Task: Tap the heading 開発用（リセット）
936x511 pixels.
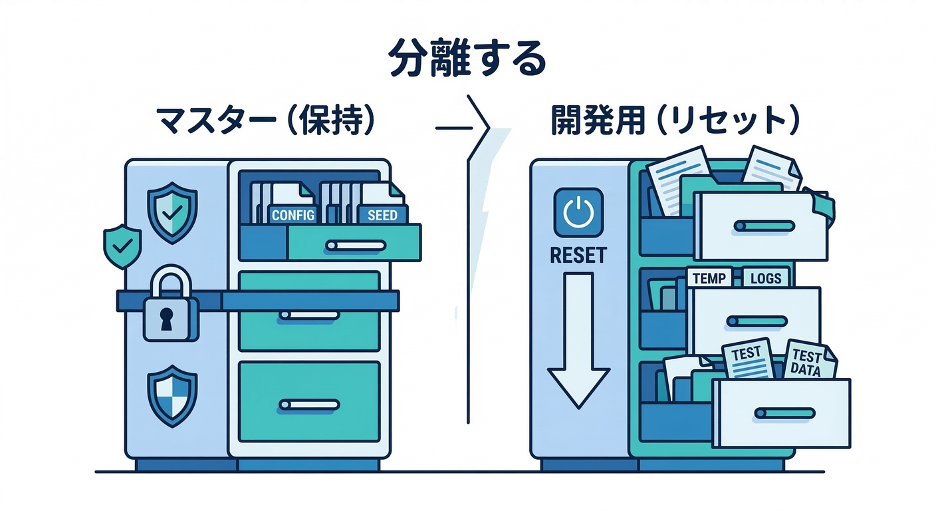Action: pyautogui.click(x=675, y=120)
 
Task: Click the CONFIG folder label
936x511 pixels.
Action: pyautogui.click(x=293, y=214)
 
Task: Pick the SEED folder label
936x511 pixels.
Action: pyautogui.click(x=382, y=214)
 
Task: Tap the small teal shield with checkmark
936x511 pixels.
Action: pyautogui.click(x=122, y=246)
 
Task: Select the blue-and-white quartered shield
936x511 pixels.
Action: pyautogui.click(x=172, y=396)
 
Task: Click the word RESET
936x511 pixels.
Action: pyautogui.click(x=578, y=255)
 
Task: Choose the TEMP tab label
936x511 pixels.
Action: pyautogui.click(x=709, y=278)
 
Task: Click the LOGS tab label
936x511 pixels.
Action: pyautogui.click(x=766, y=278)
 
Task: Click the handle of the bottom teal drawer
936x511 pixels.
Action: pyautogui.click(x=309, y=404)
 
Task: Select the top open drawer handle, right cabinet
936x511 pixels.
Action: pyautogui.click(x=764, y=226)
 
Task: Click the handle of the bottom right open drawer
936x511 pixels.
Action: pyautogui.click(x=785, y=413)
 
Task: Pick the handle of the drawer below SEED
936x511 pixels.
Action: pyautogui.click(x=355, y=246)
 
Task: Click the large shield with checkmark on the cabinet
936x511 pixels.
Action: pyautogui.click(x=172, y=212)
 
